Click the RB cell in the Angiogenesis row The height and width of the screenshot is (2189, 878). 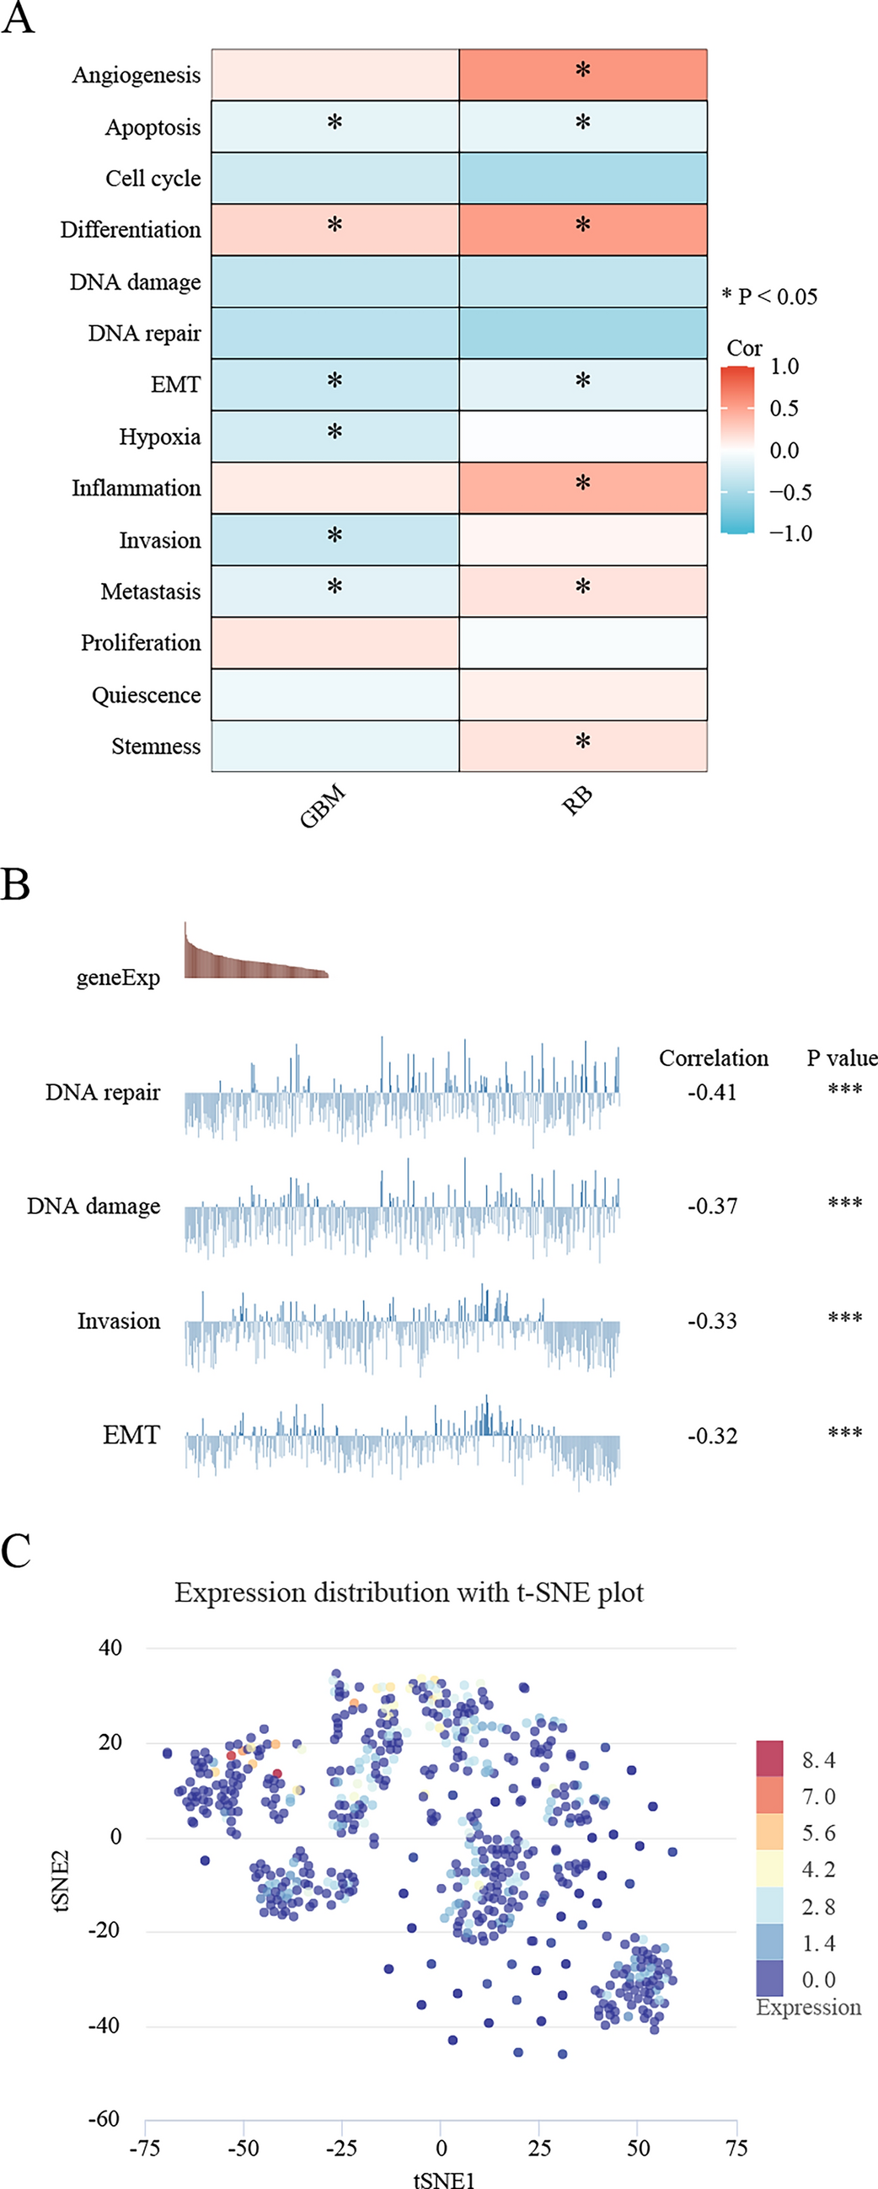point(583,75)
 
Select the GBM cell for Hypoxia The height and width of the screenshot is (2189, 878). point(335,436)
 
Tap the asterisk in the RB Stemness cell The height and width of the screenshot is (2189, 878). point(583,741)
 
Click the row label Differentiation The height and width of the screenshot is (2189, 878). point(130,229)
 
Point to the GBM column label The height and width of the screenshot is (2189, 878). point(323,805)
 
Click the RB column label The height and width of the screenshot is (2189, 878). point(577,801)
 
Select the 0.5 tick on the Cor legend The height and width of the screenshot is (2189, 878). point(784,408)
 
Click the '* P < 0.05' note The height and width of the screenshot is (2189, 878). point(769,297)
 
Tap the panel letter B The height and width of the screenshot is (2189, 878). point(15,885)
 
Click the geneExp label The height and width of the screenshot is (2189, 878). point(118,977)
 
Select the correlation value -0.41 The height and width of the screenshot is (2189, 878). point(711,1092)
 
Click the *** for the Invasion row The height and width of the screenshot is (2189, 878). point(845,1319)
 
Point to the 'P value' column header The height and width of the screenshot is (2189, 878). point(841,1058)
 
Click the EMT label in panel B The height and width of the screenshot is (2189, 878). point(131,1435)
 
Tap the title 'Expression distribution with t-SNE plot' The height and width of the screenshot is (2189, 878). point(409,1592)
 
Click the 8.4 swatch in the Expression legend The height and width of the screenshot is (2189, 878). point(769,1759)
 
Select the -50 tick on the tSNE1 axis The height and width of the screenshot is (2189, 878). point(243,2149)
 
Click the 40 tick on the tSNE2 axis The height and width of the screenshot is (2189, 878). point(110,1648)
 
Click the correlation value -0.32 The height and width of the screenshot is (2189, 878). point(711,1436)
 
